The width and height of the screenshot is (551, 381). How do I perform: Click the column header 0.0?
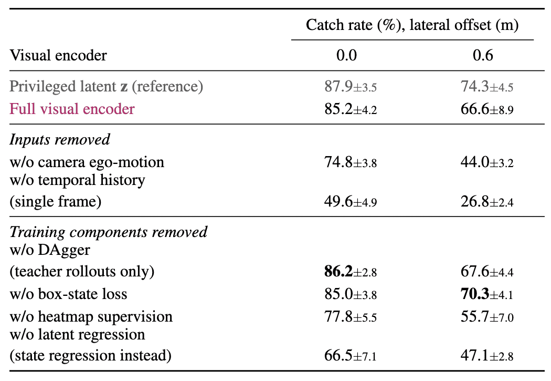coord(346,55)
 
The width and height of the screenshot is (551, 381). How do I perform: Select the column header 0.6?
coord(483,55)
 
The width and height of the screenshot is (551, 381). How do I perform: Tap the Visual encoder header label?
coord(58,55)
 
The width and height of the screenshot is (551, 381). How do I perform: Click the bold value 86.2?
coord(338,271)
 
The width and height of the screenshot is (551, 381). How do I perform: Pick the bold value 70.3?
coord(475,294)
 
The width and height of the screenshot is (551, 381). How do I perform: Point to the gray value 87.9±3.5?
coord(351,87)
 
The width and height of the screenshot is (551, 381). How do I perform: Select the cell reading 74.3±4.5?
coord(486,87)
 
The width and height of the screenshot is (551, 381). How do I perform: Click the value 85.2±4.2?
coord(351,109)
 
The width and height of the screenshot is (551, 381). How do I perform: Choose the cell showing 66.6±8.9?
coord(486,109)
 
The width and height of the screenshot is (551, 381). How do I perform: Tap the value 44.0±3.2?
coord(486,162)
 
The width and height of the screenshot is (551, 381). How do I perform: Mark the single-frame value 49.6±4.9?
coord(351,202)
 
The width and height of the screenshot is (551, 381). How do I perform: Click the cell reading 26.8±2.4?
coord(486,202)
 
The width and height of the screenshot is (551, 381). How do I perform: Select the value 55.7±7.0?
coord(486,316)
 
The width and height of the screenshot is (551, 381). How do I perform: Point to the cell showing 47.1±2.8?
coord(486,355)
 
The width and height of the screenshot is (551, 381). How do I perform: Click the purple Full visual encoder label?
coord(72,109)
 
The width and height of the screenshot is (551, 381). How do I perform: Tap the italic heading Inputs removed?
coord(60,140)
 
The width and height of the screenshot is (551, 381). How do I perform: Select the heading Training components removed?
coord(109,232)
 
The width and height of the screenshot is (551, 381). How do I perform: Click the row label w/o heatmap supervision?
coord(91,316)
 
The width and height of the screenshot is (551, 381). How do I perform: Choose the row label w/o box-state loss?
coord(68,294)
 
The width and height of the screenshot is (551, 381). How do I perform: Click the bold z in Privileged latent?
coord(124,87)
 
